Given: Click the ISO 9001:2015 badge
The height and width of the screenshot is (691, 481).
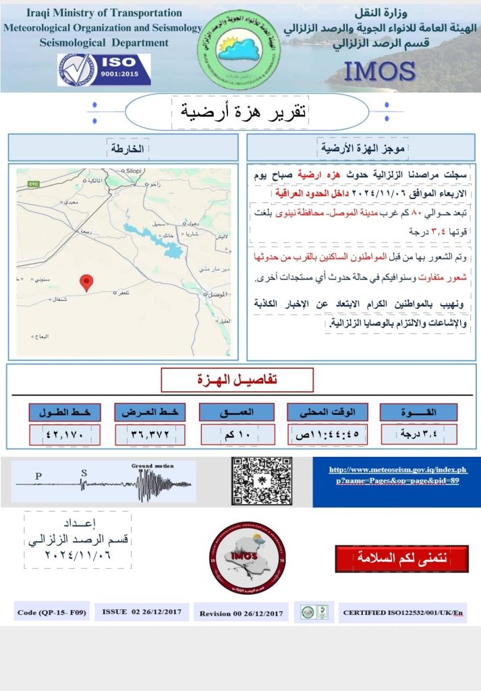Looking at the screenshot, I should tap(104, 70).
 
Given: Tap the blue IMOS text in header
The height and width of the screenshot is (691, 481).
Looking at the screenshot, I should tap(379, 71).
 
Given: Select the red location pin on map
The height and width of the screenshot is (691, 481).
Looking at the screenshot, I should tap(86, 283).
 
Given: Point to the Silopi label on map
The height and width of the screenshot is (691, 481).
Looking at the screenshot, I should tap(134, 171).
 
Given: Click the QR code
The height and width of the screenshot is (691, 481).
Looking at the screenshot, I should tap(262, 481).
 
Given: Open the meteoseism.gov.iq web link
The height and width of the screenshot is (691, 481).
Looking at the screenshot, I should tap(397, 475).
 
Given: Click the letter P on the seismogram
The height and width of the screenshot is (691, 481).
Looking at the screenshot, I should tap(38, 475).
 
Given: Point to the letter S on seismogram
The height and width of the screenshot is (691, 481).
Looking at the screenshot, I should tap(84, 472).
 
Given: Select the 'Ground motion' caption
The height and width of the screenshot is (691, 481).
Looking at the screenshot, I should tap(152, 466).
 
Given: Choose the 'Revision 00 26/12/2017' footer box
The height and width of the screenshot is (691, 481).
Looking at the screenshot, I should tap(242, 613).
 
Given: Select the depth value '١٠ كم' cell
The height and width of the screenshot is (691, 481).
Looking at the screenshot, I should tap(237, 434).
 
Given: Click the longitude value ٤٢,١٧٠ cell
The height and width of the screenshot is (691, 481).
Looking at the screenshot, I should tap(65, 435).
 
